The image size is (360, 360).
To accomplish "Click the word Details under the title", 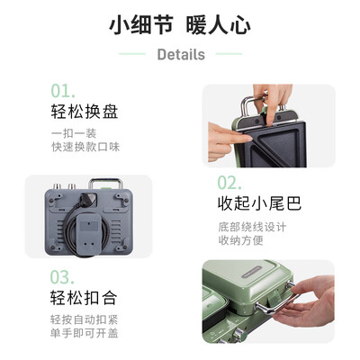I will pyautogui.click(x=180, y=54).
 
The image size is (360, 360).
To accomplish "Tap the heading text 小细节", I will pyautogui.click(x=138, y=24).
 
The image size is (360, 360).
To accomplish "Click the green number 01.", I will pyautogui.click(x=63, y=91).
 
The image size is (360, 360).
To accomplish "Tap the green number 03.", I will pyautogui.click(x=63, y=275).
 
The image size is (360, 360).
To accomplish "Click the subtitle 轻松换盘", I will pyautogui.click(x=84, y=112).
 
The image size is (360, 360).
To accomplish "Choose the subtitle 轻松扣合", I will pyautogui.click(x=84, y=298).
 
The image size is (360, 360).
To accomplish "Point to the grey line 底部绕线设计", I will pyautogui.click(x=253, y=226).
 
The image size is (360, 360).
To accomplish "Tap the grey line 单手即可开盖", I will pyautogui.click(x=85, y=335).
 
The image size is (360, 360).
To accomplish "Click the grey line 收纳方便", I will pyautogui.click(x=241, y=240).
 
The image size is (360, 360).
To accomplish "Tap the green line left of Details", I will pyautogui.click(x=132, y=54).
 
